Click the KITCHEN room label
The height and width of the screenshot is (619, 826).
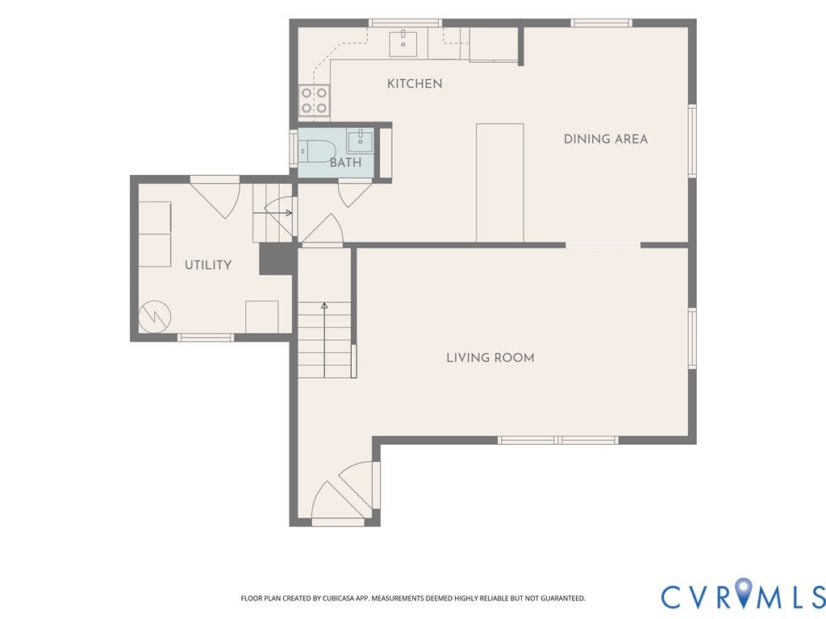coord(415,84)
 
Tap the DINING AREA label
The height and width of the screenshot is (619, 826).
coord(606,139)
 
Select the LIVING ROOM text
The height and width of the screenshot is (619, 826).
coord(490,358)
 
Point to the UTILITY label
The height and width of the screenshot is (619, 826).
coord(208,264)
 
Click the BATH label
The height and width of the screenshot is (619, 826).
coord(345,163)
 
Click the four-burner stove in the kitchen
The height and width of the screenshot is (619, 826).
coord(315,101)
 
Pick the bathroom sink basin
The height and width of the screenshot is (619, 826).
coord(361,141)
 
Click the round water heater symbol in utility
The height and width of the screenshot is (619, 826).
coord(155,316)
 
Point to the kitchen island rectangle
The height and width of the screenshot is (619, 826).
coord(500,183)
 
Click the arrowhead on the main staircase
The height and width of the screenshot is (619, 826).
coord(324,305)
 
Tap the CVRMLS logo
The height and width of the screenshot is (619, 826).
coord(743,597)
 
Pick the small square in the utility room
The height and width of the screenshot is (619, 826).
coord(262,317)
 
